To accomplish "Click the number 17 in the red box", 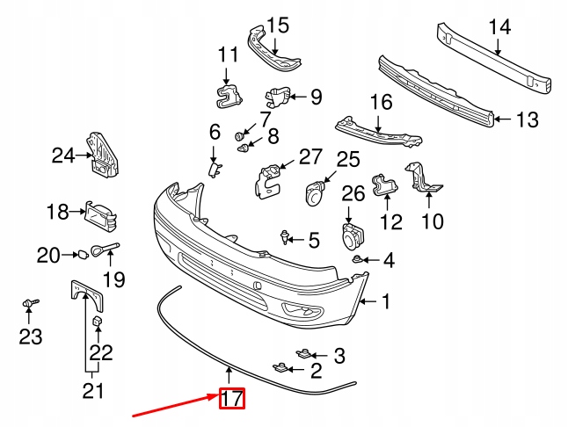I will (x=231, y=399).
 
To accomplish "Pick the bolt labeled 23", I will (x=30, y=304).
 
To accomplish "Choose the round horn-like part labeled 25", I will (x=315, y=192).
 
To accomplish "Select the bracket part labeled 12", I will (x=383, y=185).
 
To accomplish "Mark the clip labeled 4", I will (x=359, y=259).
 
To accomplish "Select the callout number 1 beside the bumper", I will (x=384, y=303).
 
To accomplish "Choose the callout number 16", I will (x=380, y=103).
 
